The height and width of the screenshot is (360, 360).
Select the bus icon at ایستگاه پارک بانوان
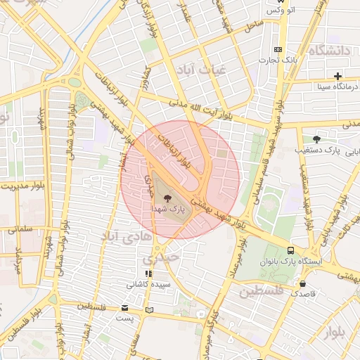click(291, 250)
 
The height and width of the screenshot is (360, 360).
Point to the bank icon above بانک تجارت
click(278, 49)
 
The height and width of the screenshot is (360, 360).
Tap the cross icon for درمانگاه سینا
click(338, 76)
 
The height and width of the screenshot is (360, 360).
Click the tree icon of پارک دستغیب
click(316, 139)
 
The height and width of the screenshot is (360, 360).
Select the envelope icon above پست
click(125, 308)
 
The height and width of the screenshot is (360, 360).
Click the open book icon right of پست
click(148, 309)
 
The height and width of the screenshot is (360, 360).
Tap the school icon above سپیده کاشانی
click(148, 274)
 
